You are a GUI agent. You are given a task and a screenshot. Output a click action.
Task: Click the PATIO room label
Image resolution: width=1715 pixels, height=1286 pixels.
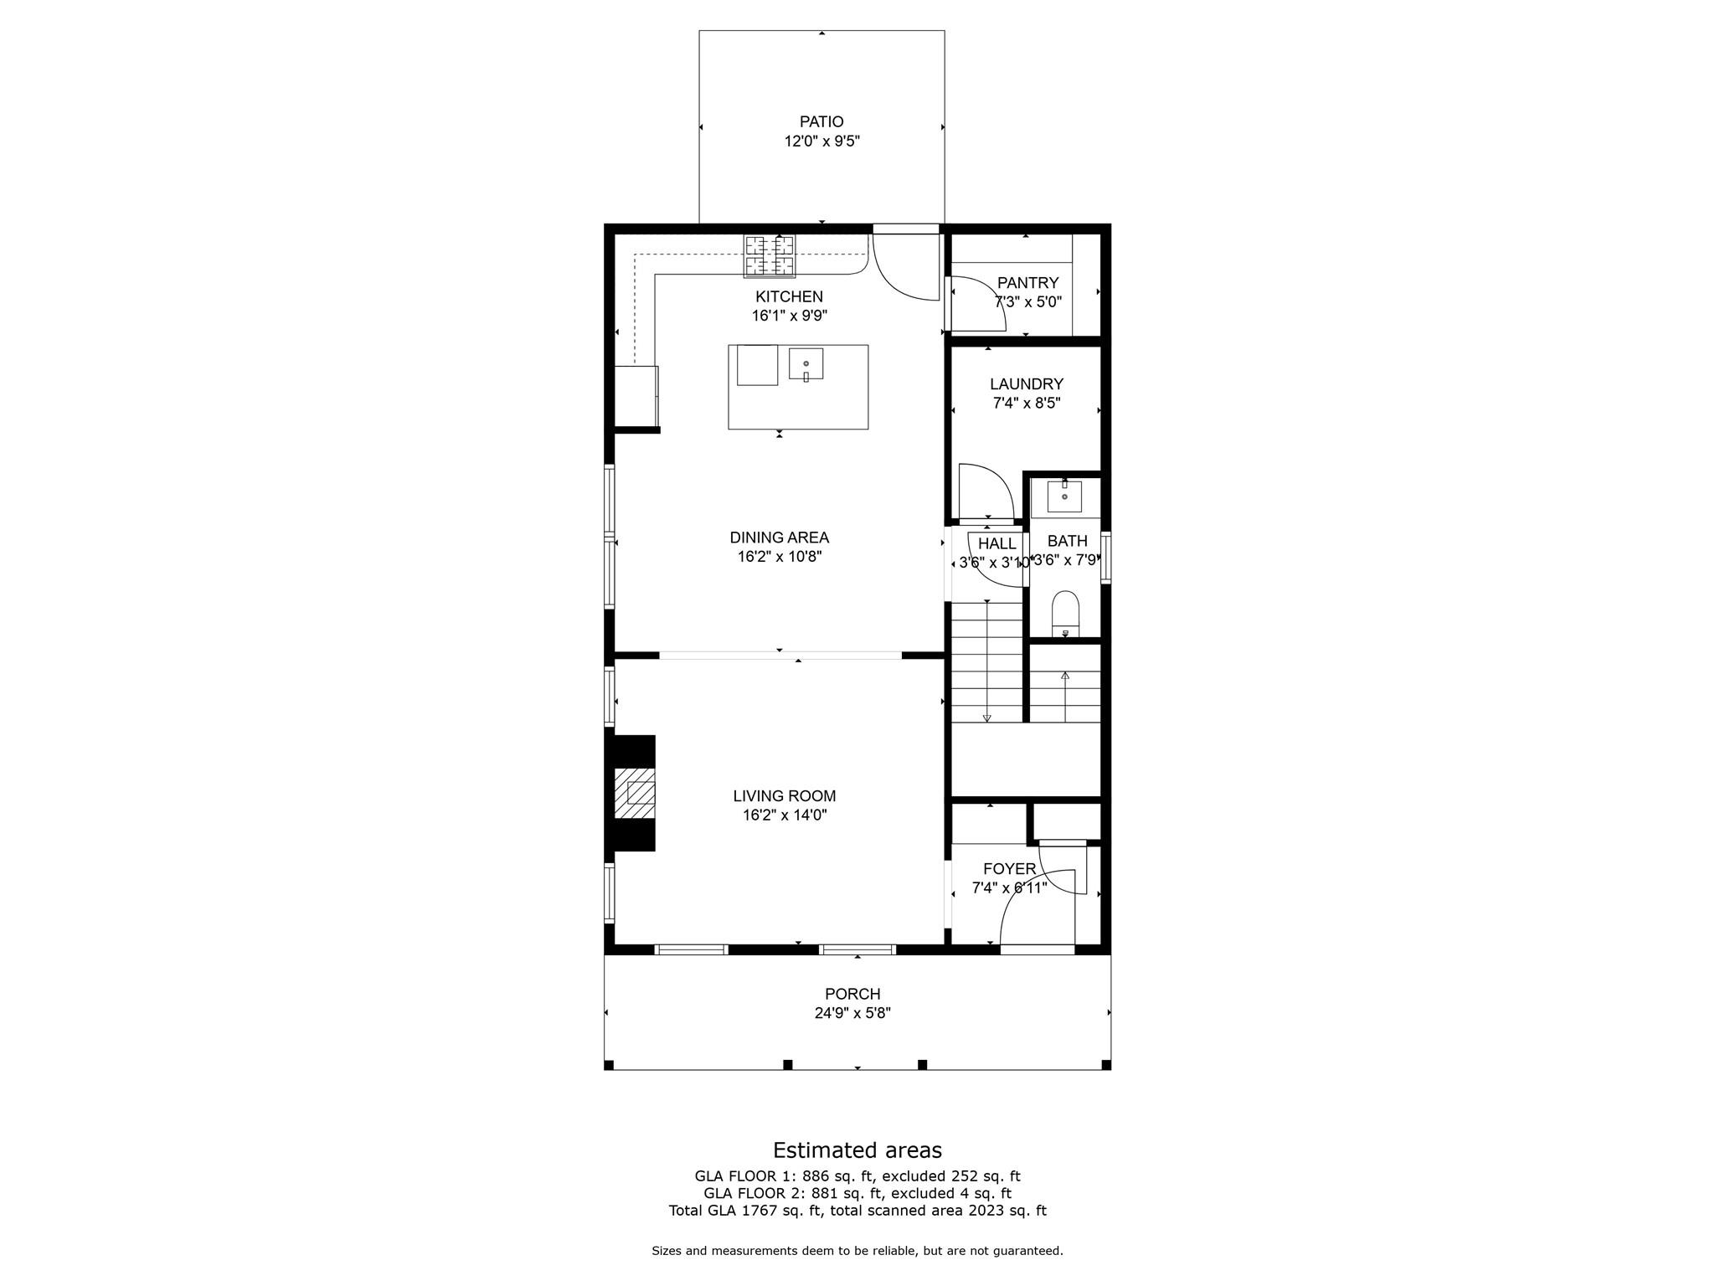point(821,122)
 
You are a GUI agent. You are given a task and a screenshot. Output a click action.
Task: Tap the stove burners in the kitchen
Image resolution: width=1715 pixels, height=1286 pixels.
point(770,255)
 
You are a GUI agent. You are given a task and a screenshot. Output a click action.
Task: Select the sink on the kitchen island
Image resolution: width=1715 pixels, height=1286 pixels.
point(806,364)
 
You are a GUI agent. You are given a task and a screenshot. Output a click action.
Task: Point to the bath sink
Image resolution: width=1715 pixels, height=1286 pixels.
point(1064,496)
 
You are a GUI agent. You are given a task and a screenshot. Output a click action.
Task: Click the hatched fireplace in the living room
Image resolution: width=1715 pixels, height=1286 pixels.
point(635,793)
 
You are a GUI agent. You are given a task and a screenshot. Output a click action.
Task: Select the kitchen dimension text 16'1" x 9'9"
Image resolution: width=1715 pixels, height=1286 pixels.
point(789,316)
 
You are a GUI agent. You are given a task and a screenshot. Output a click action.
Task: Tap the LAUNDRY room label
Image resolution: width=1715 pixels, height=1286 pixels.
point(1026,384)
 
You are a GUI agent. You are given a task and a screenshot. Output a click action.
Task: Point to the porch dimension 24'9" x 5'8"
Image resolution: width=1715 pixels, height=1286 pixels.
point(852,1013)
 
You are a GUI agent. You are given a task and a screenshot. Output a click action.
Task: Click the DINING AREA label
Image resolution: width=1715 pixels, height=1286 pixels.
point(779,538)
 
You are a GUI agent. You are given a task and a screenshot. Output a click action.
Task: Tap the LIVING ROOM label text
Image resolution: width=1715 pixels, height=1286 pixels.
point(784,796)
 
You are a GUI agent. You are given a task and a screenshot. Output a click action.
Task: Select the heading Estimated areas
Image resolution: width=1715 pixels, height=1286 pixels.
point(857,1150)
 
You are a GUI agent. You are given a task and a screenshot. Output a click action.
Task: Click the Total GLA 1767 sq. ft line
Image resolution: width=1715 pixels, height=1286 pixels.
point(857,1211)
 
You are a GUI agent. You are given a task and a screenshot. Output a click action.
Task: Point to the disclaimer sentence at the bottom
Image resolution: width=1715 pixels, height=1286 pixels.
point(857,1251)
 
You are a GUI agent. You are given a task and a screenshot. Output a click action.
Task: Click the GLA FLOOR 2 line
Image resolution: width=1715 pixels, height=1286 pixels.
point(857,1193)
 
